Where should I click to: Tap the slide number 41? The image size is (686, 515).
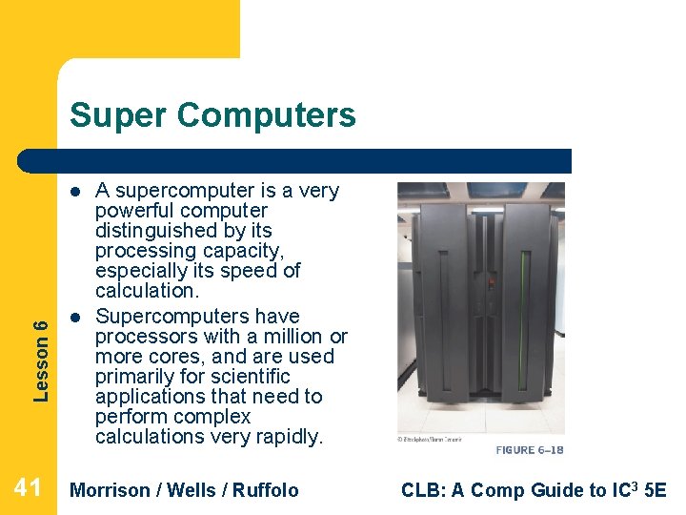[x=28, y=489]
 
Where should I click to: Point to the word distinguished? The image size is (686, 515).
[x=183, y=231]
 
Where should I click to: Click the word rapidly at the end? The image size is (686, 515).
[x=290, y=437]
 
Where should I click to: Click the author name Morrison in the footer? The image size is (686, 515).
[x=111, y=490]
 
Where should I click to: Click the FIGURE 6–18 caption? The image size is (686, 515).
[x=529, y=449]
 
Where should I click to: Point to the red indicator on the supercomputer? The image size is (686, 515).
[x=490, y=283]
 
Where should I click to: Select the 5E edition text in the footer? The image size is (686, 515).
[x=655, y=490]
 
